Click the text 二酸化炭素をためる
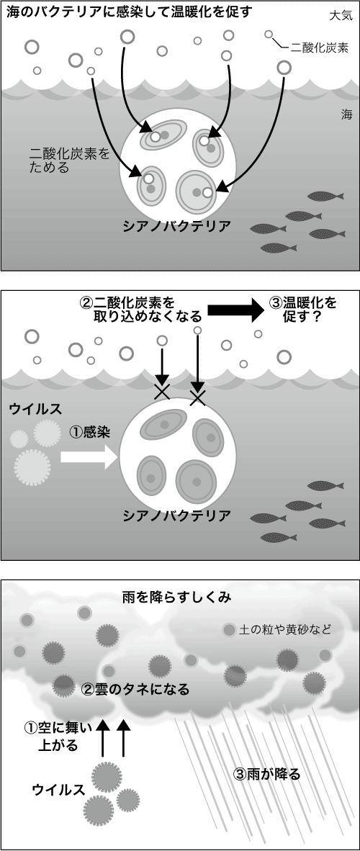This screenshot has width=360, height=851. click(x=69, y=161)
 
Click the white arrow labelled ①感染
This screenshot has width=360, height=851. click(x=89, y=457)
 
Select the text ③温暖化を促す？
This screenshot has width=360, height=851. click(x=302, y=309)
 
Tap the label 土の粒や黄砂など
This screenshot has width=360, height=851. click(x=284, y=629)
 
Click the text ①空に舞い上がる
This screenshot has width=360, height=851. click(x=58, y=735)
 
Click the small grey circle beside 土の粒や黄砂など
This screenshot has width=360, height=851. click(x=229, y=629)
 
